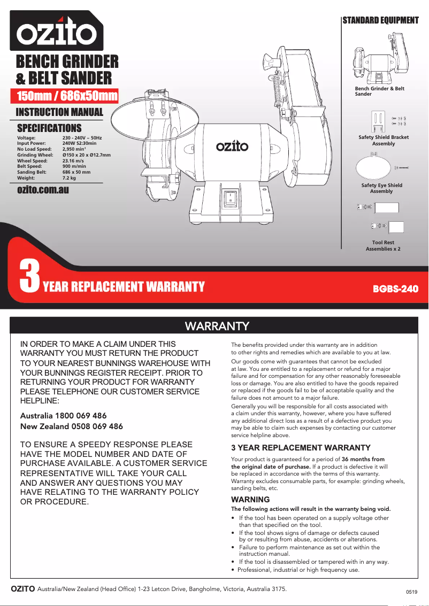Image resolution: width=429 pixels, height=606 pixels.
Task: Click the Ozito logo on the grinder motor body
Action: point(232,146)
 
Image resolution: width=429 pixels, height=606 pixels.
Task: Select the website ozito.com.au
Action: point(43,190)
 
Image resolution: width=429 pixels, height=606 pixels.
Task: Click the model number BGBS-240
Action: point(395,289)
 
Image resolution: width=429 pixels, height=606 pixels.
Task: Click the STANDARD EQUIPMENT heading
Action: point(380,20)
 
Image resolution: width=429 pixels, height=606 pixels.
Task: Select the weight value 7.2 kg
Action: point(69,178)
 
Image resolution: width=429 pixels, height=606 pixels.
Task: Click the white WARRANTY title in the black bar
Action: point(217,325)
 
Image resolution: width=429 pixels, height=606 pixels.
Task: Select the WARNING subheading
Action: point(243,500)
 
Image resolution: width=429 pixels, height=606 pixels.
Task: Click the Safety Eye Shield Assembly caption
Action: point(381,188)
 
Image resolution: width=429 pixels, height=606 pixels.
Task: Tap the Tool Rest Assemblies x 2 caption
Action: point(383,246)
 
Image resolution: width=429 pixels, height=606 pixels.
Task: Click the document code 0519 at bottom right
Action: point(411,592)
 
